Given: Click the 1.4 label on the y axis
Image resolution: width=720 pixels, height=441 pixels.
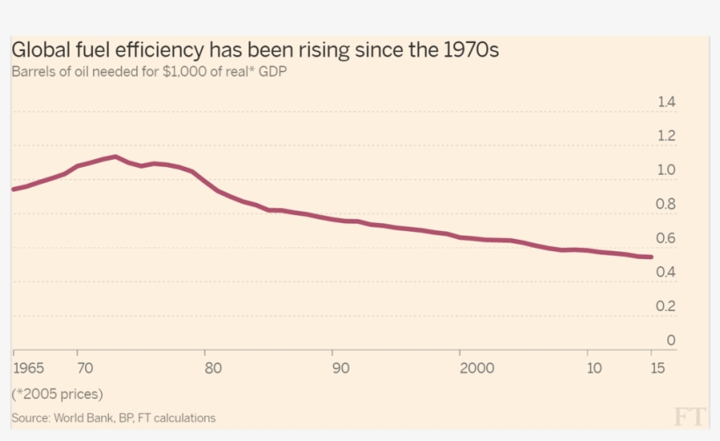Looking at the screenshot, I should (x=666, y=103).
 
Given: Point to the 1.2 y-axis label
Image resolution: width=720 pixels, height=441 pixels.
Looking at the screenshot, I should (x=666, y=136).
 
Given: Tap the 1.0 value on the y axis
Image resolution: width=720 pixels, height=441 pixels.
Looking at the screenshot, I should (x=666, y=170).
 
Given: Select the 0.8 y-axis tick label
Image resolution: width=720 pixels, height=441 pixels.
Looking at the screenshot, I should (x=666, y=205).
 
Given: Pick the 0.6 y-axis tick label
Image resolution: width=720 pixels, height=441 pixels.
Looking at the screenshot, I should (x=666, y=239).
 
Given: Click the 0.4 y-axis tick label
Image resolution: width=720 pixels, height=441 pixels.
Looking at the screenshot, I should (x=666, y=272).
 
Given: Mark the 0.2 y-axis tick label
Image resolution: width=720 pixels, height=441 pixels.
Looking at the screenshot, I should (x=666, y=307).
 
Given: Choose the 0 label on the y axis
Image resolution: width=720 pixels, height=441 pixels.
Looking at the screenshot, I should (x=671, y=341).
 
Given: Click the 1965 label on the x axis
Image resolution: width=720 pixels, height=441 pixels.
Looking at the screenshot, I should (x=28, y=366).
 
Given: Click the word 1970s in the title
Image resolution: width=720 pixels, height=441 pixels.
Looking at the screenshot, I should (x=465, y=50).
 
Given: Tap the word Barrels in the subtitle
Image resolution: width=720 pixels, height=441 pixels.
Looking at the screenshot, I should (x=34, y=72).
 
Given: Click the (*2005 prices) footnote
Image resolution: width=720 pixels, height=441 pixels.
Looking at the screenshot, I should (x=57, y=393).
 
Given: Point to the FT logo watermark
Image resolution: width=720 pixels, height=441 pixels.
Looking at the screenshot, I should (x=690, y=416).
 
